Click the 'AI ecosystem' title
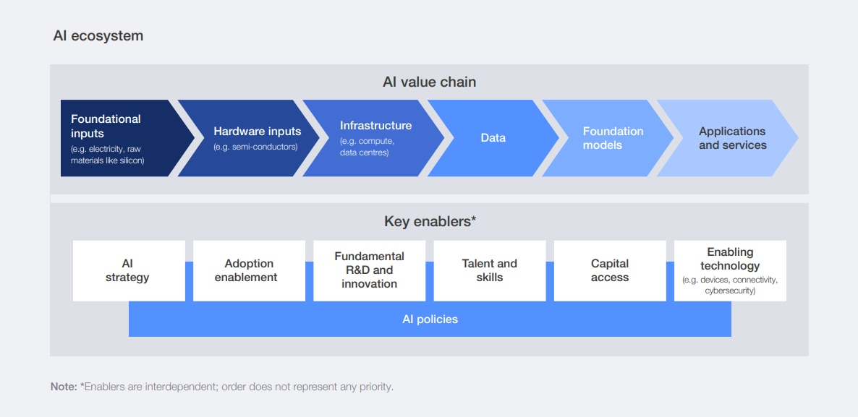click(x=98, y=36)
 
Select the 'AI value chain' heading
click(x=429, y=82)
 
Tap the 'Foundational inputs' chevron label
click(x=106, y=126)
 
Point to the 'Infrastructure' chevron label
click(x=375, y=126)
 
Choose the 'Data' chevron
click(x=493, y=138)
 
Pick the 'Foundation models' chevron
click(x=613, y=138)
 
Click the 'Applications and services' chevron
click(x=731, y=138)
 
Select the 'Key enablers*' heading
click(x=429, y=221)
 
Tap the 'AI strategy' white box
click(x=128, y=271)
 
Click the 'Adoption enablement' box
click(x=249, y=271)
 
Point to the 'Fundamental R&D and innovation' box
click(x=369, y=271)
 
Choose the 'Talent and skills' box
click(x=489, y=271)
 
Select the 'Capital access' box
click(x=609, y=271)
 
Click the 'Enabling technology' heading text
click(x=730, y=259)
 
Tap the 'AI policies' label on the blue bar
click(x=430, y=319)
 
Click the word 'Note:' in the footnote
click(x=64, y=387)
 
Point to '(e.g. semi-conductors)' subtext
click(x=255, y=147)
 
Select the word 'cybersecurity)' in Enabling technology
click(x=730, y=291)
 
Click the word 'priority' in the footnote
click(x=375, y=387)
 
